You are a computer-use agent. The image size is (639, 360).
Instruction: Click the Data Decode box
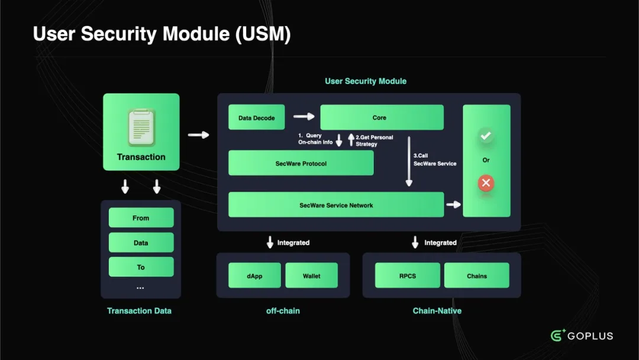[256, 118]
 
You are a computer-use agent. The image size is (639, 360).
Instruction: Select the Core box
[382, 118]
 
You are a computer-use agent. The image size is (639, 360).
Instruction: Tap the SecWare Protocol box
[301, 163]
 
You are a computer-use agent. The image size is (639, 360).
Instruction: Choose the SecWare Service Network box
[336, 205]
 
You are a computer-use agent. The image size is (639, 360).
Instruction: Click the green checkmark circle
[486, 136]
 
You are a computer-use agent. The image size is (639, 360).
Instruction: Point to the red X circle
[486, 183]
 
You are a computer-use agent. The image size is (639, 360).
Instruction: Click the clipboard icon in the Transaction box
[141, 127]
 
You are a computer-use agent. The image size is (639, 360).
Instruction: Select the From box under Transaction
[141, 218]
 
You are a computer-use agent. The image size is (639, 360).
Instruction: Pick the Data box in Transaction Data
[141, 243]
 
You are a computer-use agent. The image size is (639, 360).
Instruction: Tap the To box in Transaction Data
[141, 267]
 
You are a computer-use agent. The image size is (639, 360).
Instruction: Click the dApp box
[254, 276]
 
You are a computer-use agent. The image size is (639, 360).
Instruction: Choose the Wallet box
[311, 276]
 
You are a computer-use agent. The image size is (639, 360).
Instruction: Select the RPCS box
[408, 276]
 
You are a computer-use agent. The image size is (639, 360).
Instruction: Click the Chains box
[476, 276]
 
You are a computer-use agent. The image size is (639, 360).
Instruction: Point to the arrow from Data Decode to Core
[304, 117]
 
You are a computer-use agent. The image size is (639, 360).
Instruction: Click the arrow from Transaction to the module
[198, 135]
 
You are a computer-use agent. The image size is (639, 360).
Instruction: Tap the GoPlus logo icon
[558, 336]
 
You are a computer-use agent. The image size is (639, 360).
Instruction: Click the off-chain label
[283, 310]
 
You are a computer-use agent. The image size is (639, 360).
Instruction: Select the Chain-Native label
[437, 310]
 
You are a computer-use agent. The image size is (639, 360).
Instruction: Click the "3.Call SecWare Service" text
[435, 160]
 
